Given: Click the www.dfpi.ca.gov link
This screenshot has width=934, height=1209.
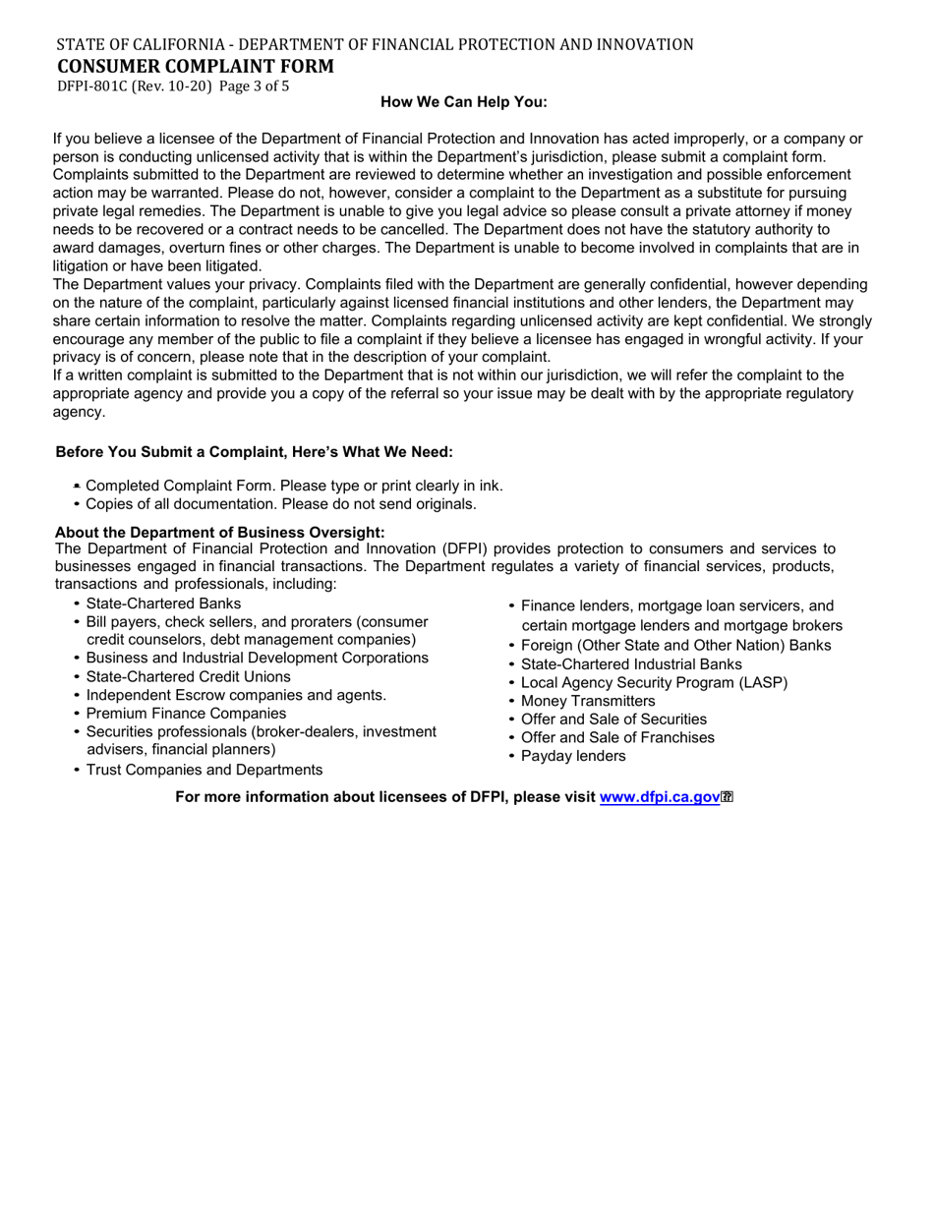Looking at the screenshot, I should click(660, 797).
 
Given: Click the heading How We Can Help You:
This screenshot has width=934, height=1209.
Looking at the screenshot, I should click(464, 102).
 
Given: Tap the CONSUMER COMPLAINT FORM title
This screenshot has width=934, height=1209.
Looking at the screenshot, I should click(196, 66).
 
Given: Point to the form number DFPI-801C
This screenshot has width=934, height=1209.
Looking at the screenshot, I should click(92, 86).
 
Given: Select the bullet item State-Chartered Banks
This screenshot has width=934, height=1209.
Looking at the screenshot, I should click(163, 604).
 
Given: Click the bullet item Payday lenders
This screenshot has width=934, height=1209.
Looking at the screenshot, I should click(573, 756).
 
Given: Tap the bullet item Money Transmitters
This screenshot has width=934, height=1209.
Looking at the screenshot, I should click(588, 701).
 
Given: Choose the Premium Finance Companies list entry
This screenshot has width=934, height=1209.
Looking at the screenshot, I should click(186, 714).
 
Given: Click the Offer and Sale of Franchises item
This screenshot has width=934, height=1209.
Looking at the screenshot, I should click(617, 737).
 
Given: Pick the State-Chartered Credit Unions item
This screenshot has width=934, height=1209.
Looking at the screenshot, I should click(188, 676).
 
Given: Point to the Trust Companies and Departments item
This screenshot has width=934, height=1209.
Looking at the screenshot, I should click(204, 770).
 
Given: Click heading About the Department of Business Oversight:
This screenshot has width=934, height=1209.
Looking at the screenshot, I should click(220, 532).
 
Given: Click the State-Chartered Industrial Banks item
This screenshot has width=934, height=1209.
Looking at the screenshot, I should click(631, 664).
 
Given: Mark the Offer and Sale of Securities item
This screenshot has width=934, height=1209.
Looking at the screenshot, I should click(613, 720).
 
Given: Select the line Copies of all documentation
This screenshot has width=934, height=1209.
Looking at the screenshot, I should click(280, 504).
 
